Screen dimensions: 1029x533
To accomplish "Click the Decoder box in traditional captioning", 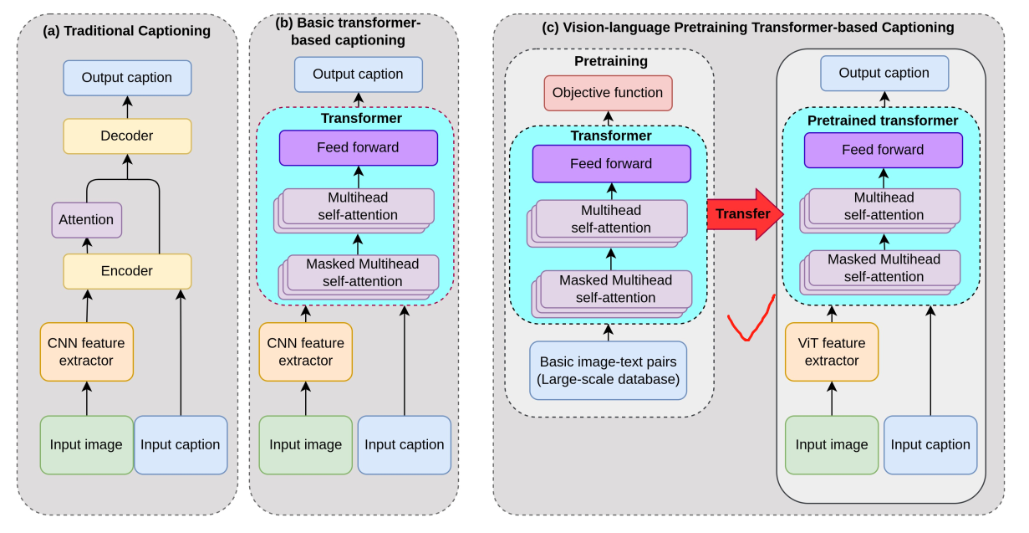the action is [127, 136].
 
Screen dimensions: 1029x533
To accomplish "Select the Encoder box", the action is [127, 271].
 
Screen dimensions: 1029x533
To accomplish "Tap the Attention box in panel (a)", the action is [86, 220].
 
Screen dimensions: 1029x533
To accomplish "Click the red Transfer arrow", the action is [745, 214].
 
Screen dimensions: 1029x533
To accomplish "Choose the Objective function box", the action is [608, 93].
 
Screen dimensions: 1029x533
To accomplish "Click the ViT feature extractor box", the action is [832, 351].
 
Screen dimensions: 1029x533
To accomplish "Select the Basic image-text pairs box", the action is [608, 370].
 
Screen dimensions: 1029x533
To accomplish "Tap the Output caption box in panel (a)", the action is [127, 78].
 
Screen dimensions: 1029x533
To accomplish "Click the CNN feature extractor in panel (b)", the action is [305, 351].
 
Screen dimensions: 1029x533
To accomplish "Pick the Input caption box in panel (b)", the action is [405, 444].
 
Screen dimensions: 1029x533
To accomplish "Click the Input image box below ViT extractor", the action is [832, 444].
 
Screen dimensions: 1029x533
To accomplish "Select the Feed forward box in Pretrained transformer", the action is [883, 150].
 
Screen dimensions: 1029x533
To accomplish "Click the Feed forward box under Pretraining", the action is [611, 164].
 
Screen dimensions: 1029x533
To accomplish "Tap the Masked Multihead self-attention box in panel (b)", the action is [359, 277].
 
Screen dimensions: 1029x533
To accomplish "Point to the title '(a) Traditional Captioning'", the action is [126, 31].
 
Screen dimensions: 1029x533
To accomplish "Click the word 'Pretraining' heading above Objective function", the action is [611, 61].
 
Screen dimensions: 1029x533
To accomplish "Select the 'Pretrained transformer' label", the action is [883, 120].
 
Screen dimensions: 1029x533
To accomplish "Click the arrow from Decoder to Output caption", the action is [127, 107].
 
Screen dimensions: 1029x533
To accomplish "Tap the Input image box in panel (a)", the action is [86, 444].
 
